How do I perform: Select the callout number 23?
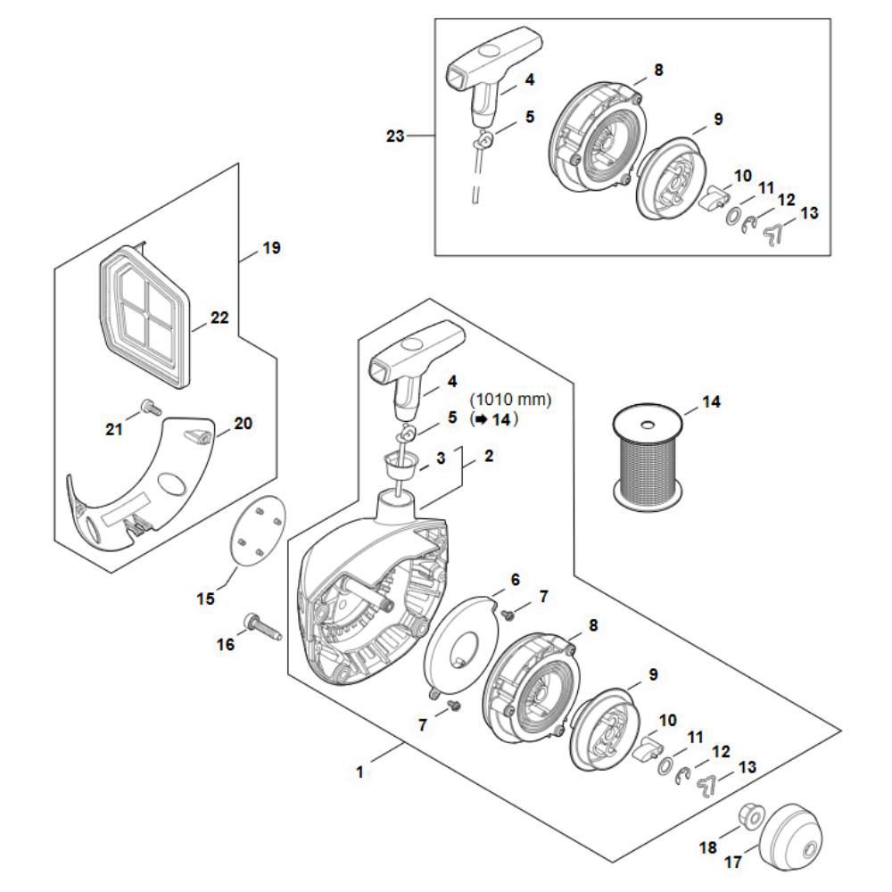click(x=395, y=136)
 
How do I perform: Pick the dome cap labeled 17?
click(x=791, y=832)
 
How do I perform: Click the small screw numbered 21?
click(x=150, y=407)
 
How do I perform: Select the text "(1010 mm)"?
click(x=510, y=400)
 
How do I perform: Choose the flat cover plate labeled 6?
click(x=461, y=645)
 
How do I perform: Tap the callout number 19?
click(x=272, y=249)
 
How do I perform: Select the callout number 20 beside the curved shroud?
click(x=243, y=423)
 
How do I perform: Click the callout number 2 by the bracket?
click(x=489, y=456)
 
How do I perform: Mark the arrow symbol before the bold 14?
click(x=482, y=419)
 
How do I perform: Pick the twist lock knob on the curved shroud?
click(x=195, y=434)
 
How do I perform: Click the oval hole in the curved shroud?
click(x=171, y=483)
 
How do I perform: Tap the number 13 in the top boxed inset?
click(x=809, y=213)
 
